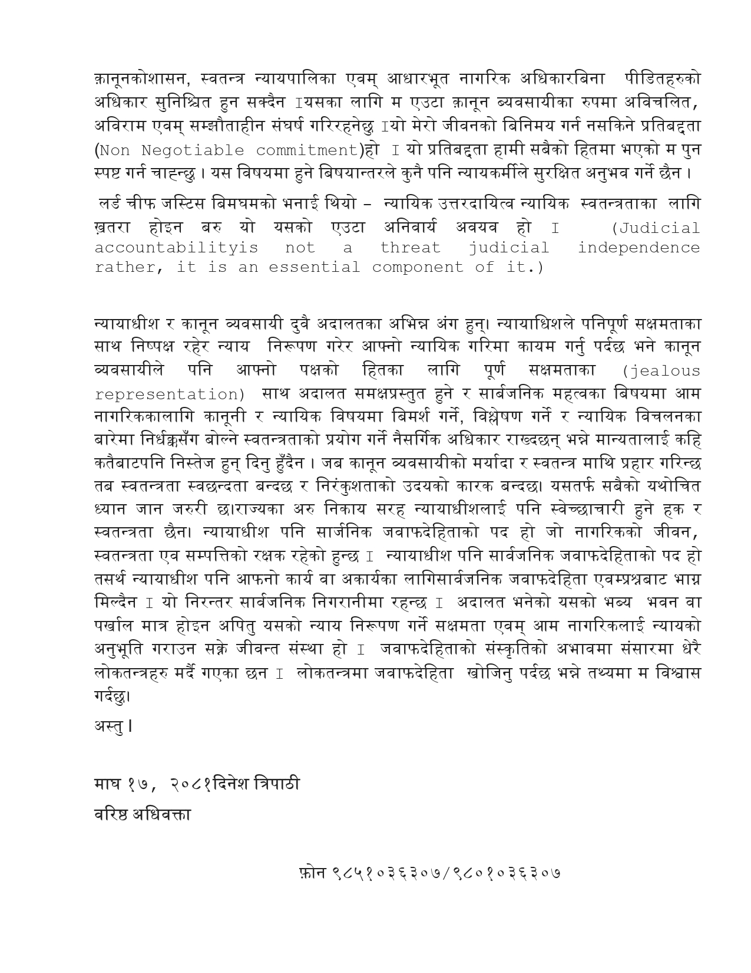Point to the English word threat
410,248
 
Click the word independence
638,248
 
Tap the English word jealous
662,372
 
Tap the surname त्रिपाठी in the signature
274,784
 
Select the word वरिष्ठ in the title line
110,814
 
